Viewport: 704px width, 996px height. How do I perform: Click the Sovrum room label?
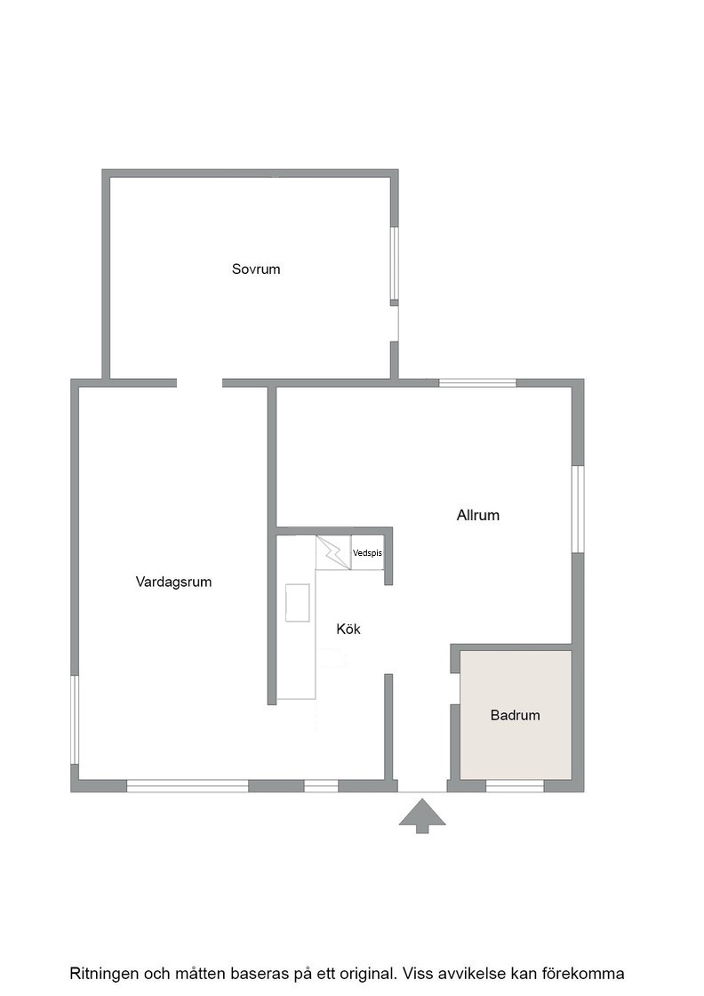[x=256, y=269]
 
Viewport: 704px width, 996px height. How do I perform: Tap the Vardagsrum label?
[x=173, y=582]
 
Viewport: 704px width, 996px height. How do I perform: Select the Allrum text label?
[x=478, y=515]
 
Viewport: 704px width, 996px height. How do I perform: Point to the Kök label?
[x=348, y=629]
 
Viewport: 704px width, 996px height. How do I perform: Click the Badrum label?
[x=516, y=715]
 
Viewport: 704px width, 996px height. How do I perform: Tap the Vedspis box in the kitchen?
[x=367, y=552]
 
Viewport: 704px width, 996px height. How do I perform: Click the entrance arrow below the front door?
[x=422, y=815]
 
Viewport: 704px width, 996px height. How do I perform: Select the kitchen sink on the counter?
[x=298, y=603]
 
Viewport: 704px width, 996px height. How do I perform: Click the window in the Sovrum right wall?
[x=394, y=263]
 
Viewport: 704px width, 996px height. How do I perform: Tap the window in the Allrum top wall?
[x=477, y=383]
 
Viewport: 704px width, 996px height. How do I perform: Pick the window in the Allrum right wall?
[x=578, y=510]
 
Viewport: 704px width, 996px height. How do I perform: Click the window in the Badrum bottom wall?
[x=515, y=786]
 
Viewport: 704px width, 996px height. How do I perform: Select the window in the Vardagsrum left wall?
[x=75, y=719]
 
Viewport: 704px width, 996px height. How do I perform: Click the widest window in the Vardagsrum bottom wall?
[x=188, y=786]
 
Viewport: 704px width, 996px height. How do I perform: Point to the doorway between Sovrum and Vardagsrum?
[x=199, y=383]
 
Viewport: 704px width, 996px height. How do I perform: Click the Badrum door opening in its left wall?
[x=455, y=688]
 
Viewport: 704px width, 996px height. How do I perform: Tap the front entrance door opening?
[x=422, y=788]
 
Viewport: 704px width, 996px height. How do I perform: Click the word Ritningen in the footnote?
[x=102, y=974]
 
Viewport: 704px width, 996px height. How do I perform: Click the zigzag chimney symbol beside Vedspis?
[x=333, y=552]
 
